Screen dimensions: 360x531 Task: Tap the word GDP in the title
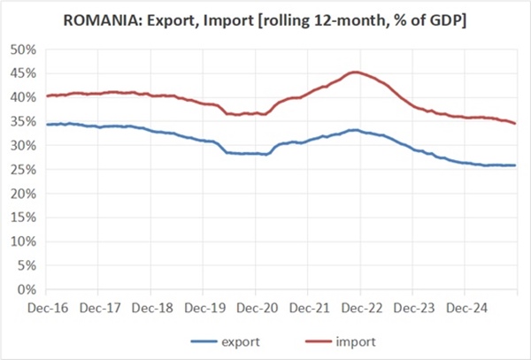click(x=444, y=19)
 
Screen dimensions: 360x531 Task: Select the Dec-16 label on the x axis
click(x=45, y=309)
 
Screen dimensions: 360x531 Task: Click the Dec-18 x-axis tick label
click(x=150, y=309)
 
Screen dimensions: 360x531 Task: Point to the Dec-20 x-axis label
click(x=255, y=309)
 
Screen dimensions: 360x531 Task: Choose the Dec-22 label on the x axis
click(x=359, y=309)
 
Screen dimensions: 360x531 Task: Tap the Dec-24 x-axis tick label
click(x=465, y=309)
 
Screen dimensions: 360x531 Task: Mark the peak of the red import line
click(x=356, y=73)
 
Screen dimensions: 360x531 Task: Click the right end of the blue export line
click(x=516, y=165)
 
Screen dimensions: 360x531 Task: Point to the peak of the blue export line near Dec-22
click(x=353, y=130)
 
